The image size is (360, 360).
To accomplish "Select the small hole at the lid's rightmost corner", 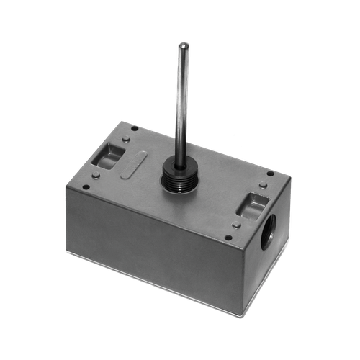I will pos(270,174).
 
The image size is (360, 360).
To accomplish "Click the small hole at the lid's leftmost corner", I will pos(85,188).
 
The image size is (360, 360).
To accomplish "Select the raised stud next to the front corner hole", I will pos(236,225).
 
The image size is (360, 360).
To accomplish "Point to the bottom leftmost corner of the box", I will pos(66,252).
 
